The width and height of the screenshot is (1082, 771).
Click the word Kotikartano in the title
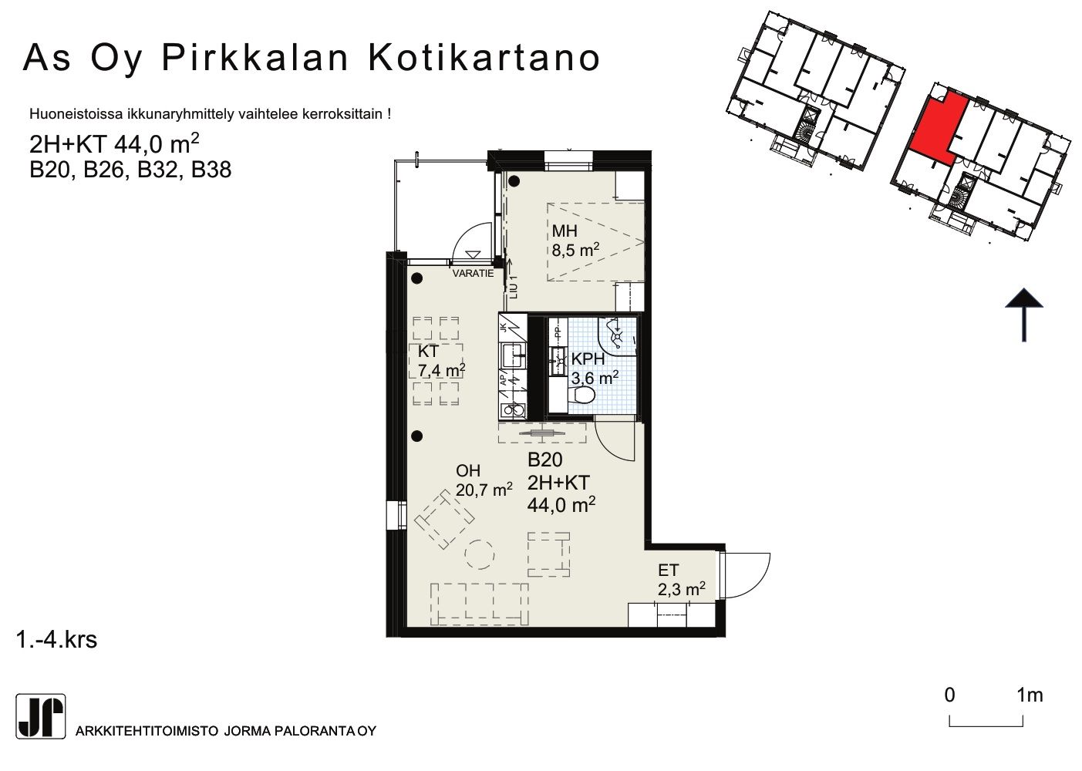pos(484,58)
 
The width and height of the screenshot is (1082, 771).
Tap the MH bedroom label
pos(565,231)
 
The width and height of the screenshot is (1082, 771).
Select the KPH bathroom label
pos(588,359)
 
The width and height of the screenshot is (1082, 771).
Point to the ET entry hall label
pos(669,571)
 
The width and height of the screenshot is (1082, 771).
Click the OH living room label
pos(468,470)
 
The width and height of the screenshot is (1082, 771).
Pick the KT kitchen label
pos(428,351)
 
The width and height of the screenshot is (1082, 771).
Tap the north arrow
pos(1023,315)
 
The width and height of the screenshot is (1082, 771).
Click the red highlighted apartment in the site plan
pos(938,128)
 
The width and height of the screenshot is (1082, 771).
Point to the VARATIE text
pos(473,273)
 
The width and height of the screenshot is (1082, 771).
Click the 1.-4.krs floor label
pos(56,640)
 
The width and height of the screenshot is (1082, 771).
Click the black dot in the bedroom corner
pos(514,181)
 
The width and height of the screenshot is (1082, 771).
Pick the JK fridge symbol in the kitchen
pos(513,328)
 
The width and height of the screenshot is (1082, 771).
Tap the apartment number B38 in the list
pos(211,170)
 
